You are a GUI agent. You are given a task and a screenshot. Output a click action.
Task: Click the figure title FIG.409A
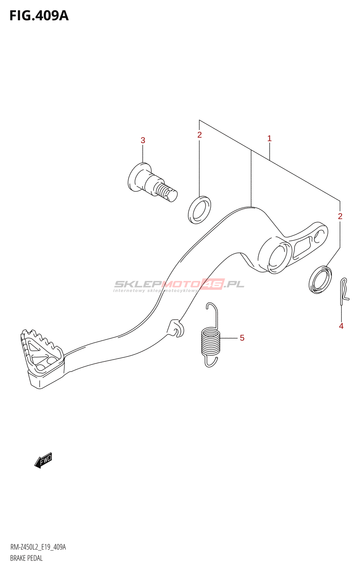point(39,16)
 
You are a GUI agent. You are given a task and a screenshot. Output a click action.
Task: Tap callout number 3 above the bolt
point(143,141)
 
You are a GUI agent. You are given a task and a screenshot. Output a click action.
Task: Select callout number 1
point(269,138)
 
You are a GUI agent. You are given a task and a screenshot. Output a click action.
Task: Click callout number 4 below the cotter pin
point(341,326)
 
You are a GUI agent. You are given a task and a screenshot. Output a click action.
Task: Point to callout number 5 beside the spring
point(242,338)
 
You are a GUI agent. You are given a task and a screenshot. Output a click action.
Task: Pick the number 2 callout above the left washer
point(199,135)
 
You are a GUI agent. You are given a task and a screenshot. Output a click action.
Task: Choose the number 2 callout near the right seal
point(340,216)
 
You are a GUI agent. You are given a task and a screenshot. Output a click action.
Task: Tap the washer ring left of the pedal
point(199,210)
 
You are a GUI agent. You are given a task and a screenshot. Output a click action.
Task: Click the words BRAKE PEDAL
point(26,558)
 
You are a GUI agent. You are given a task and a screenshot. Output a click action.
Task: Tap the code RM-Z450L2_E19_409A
point(38,547)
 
